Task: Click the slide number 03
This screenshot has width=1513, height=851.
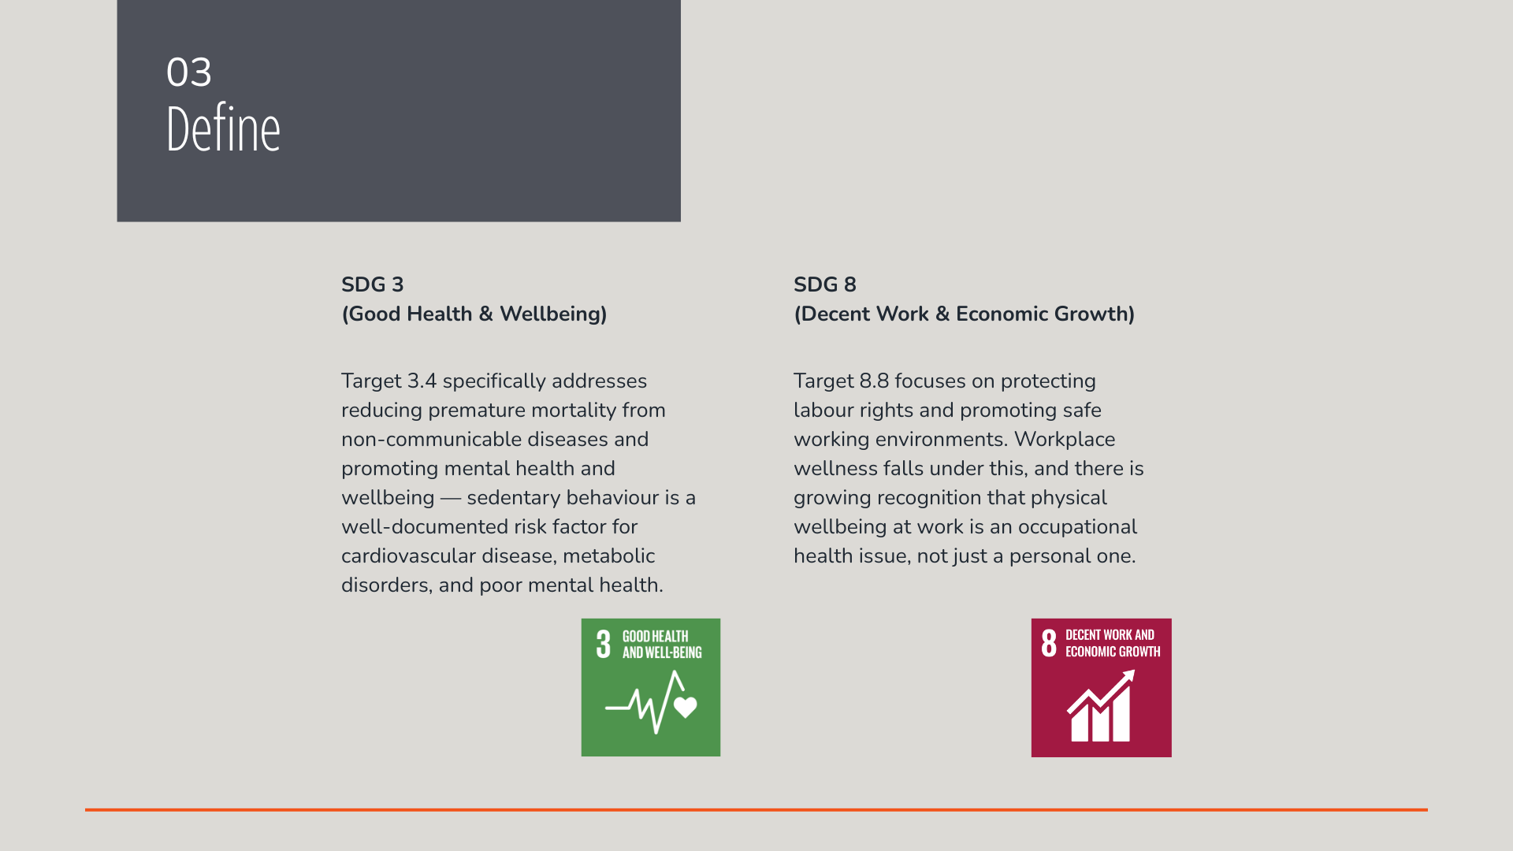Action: click(189, 72)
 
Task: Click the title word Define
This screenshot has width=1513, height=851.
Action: click(224, 128)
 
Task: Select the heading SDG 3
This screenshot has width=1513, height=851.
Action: click(373, 284)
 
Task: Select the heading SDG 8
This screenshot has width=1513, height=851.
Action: click(825, 284)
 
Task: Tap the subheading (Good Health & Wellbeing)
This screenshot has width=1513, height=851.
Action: click(474, 314)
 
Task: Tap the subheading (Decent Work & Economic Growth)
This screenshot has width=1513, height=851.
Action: click(965, 314)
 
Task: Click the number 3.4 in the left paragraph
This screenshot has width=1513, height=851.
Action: click(422, 381)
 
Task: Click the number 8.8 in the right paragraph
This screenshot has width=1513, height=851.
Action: click(874, 381)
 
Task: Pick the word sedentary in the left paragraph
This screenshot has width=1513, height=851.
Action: click(514, 498)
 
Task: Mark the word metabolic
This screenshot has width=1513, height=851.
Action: click(609, 556)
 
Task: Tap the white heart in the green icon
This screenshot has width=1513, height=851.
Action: click(686, 707)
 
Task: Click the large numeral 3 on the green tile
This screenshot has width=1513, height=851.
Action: click(604, 644)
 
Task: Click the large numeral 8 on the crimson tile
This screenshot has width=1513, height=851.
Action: click(1049, 643)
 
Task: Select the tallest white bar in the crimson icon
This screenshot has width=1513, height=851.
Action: click(1121, 712)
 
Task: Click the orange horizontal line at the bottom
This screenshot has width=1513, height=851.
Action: click(756, 809)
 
